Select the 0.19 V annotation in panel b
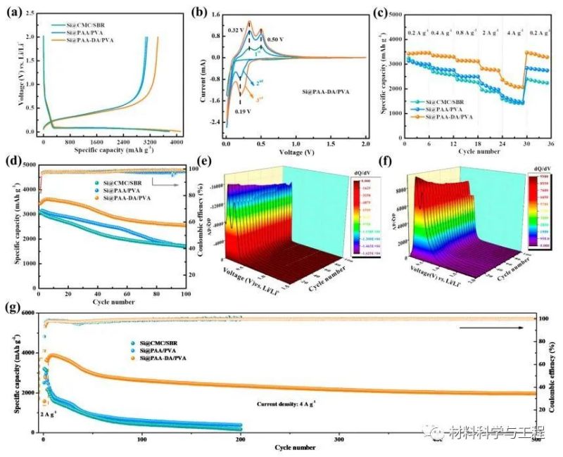tap(243, 110)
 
